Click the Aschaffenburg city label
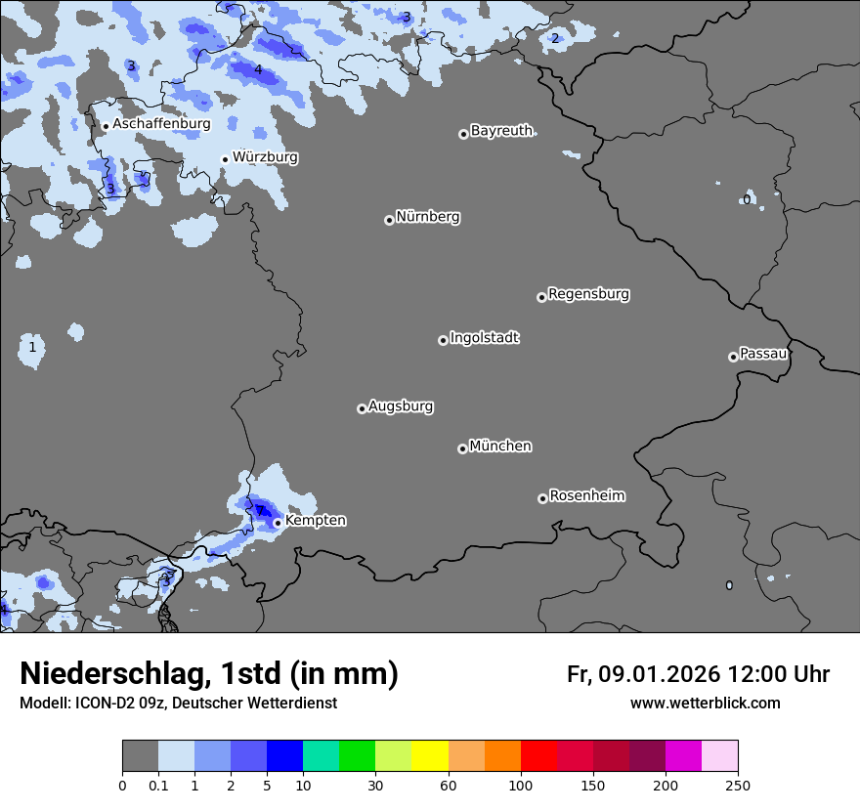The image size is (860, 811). pos(161,124)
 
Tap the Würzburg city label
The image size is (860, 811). pos(265,157)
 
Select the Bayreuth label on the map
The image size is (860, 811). pos(501,131)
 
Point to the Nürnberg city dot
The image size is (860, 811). pos(389,220)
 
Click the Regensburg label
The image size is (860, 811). pos(588,294)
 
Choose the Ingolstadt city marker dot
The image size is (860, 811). pos(443,340)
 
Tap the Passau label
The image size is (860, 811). pos(763,354)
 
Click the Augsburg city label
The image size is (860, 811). pos(401,406)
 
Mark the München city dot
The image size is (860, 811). pos(462,448)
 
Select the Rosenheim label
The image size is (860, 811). pos(586,496)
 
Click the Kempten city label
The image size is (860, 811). pos(315,521)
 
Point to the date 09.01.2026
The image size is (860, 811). pos(659,674)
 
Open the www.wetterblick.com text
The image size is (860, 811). pos(705,704)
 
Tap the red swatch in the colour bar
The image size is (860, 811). pos(538,756)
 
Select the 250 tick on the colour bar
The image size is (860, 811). pos(738,784)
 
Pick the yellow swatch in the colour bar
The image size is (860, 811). pos(430,756)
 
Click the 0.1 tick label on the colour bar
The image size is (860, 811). pos(158,784)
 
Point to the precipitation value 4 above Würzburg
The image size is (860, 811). pos(258,70)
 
